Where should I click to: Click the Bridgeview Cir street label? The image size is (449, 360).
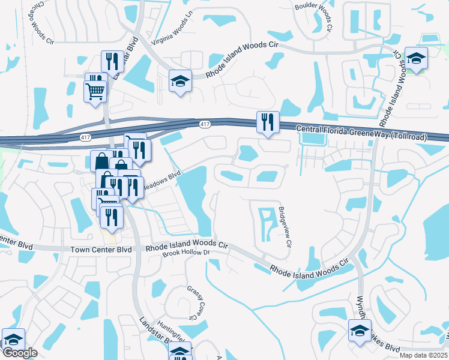pos(284,227)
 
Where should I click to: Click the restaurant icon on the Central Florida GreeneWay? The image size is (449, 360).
pos(267,122)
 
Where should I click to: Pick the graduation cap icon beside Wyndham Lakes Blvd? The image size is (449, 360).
pos(360,331)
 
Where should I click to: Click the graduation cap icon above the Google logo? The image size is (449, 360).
pos(13,339)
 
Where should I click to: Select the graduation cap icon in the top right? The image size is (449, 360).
pos(415,58)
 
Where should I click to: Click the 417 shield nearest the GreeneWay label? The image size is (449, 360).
pos(205,124)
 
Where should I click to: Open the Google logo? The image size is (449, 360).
pos(20,353)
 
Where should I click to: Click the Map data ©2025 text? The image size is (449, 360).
pos(423,355)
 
